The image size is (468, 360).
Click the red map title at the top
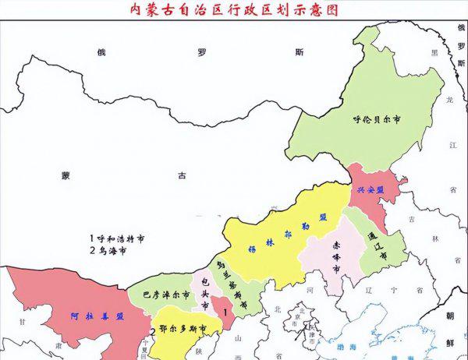234,9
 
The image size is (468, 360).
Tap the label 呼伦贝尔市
377,121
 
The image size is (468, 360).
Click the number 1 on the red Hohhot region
225,312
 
